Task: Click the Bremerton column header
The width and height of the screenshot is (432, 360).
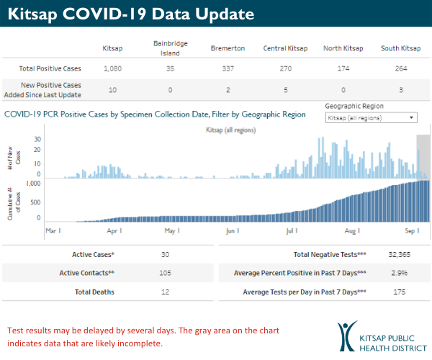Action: (x=228, y=48)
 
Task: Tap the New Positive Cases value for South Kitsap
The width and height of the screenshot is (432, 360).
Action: (x=401, y=91)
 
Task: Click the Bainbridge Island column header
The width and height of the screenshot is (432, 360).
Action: (x=171, y=48)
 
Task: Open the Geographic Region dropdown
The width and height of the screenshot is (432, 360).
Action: (x=371, y=117)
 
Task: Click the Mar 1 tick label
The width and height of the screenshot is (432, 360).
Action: (x=53, y=231)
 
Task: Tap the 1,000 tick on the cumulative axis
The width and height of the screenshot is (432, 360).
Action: (x=32, y=184)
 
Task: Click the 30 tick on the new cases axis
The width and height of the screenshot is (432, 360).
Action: (x=37, y=140)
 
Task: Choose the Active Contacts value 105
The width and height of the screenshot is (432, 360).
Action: (x=167, y=273)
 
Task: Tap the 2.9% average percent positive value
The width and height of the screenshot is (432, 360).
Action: (x=400, y=273)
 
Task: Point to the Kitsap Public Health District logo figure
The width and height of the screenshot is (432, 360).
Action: (x=348, y=336)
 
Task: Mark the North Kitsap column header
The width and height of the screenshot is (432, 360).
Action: (x=343, y=48)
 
